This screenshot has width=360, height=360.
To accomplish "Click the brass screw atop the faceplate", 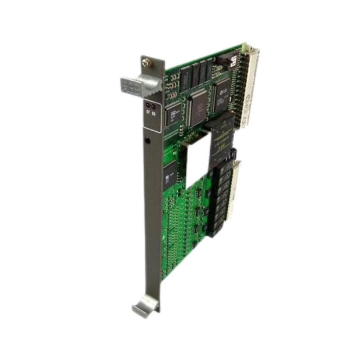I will click(146, 63).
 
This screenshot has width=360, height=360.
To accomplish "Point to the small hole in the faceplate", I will click(148, 141).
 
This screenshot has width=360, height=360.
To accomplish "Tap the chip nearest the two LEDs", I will click(173, 113).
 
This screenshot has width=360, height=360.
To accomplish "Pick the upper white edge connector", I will click(247, 85).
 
